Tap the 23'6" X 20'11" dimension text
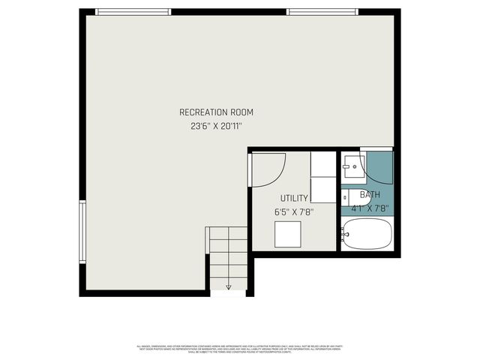click(216, 127)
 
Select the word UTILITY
click(293, 198)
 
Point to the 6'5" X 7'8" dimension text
click(293, 212)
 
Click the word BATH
click(370, 194)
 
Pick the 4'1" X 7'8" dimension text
click(370, 209)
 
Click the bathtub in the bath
click(367, 235)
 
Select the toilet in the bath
click(349, 196)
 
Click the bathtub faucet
click(345, 235)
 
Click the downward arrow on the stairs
click(228, 285)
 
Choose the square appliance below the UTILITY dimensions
click(289, 235)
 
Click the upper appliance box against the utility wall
click(323, 164)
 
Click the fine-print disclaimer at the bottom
click(240, 348)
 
